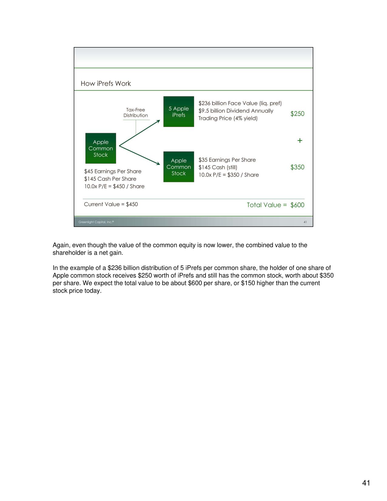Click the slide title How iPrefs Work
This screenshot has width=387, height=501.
(x=106, y=83)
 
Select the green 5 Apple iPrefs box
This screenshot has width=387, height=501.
(x=178, y=111)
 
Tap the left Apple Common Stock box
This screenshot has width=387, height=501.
(x=100, y=148)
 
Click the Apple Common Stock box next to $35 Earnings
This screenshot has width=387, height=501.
(x=178, y=167)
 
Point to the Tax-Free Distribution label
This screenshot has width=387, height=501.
(x=135, y=113)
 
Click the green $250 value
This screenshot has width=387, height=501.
(x=297, y=114)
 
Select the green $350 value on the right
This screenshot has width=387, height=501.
(x=297, y=167)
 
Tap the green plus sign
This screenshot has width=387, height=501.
(x=300, y=141)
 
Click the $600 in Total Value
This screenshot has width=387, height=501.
(x=297, y=205)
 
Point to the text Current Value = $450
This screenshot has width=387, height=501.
(x=111, y=204)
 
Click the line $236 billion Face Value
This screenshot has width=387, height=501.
(x=240, y=103)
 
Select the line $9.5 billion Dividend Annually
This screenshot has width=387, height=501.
(x=236, y=111)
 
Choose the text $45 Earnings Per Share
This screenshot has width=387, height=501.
(x=113, y=171)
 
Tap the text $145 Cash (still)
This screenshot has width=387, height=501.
(x=218, y=167)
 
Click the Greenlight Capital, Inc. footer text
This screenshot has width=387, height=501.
(x=96, y=222)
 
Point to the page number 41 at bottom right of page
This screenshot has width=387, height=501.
(x=366, y=483)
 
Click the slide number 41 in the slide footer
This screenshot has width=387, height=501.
(x=305, y=222)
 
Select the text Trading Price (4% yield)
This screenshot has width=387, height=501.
(x=228, y=118)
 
